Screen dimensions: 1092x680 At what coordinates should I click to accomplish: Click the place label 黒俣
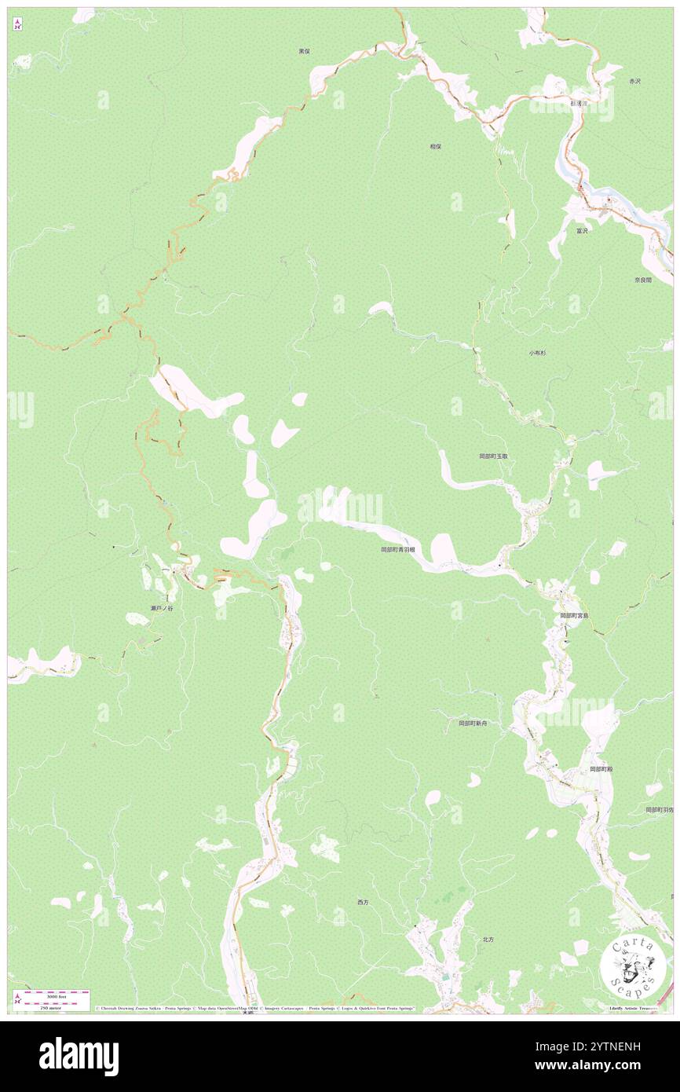point(304,51)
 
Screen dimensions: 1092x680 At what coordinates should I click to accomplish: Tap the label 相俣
point(435,146)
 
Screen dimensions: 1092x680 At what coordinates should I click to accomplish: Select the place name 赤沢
point(635,82)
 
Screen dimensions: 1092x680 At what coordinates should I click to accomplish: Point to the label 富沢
point(582,231)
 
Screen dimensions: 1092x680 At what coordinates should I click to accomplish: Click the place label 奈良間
point(643,280)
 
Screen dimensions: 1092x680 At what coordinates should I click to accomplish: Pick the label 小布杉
point(537,354)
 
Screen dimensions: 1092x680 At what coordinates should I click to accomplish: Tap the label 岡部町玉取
point(494,456)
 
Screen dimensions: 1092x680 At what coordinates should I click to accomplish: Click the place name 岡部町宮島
point(574,616)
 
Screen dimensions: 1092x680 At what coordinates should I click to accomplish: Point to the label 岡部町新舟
point(473,724)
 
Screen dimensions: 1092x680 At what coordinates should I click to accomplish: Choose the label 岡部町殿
point(601,769)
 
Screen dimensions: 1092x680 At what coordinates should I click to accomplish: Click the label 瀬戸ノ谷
point(162,609)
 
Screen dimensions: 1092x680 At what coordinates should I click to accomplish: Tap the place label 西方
point(363,903)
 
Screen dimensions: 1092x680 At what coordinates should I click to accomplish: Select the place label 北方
point(488,939)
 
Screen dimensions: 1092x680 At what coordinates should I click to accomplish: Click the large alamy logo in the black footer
point(79,1057)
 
